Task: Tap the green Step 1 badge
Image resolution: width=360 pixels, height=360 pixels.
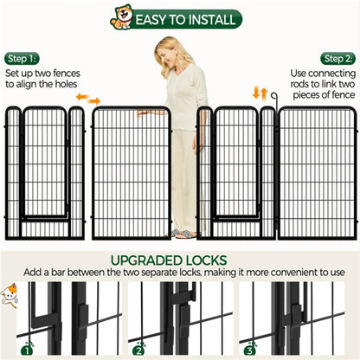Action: pos(22,58)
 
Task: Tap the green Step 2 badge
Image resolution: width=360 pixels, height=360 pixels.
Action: pos(337,58)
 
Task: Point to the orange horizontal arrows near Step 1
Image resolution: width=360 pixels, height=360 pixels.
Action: pos(88,99)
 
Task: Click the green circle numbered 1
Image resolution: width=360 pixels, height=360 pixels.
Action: pos(28,350)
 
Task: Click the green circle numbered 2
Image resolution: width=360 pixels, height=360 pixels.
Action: pos(139,350)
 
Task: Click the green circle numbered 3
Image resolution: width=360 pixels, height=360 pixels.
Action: pos(250,350)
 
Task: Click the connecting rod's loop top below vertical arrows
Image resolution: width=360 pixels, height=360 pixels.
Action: pos(273,96)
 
